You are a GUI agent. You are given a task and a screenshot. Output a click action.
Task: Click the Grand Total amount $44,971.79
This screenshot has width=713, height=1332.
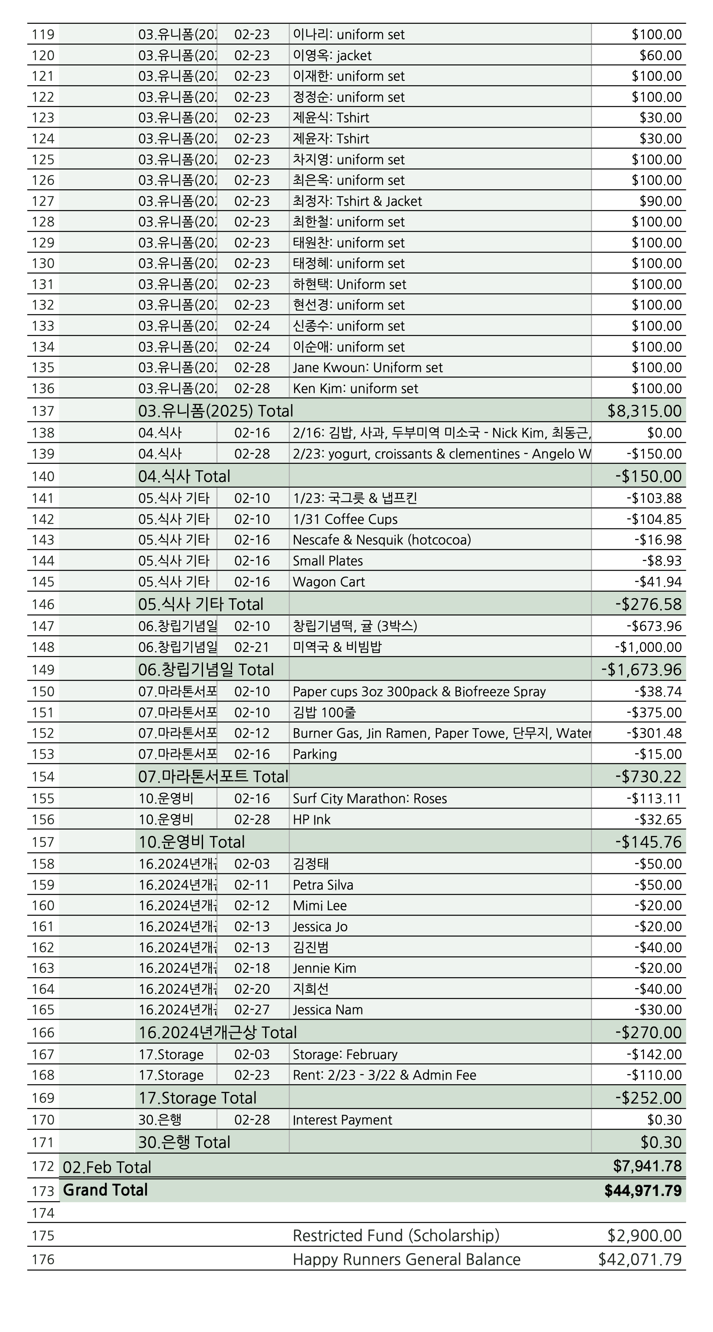643,1190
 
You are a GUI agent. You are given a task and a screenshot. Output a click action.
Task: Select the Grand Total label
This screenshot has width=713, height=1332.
105,1190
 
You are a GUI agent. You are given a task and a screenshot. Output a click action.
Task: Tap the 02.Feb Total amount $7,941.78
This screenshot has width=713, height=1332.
647,1166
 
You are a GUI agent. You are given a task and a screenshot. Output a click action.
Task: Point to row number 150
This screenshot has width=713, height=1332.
43,691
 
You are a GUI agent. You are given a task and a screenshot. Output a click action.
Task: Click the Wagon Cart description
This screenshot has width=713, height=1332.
329,582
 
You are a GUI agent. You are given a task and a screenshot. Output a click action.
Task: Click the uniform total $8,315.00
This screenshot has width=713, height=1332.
644,411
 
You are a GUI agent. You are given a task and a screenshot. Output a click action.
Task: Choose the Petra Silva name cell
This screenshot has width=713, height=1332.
323,885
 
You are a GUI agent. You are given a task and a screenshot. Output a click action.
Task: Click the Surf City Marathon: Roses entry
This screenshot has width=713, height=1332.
370,798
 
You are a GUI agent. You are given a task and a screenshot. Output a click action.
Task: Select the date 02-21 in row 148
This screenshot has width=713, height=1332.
252,647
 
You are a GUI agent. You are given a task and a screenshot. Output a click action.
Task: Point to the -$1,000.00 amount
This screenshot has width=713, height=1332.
648,647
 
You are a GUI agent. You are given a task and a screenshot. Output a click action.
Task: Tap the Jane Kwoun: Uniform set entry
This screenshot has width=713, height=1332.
368,368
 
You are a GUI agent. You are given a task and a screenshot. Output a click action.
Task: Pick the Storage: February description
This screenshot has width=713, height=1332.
345,1054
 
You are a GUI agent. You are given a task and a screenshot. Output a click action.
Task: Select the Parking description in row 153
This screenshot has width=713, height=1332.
315,754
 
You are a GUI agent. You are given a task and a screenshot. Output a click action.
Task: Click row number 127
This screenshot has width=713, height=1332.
43,201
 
